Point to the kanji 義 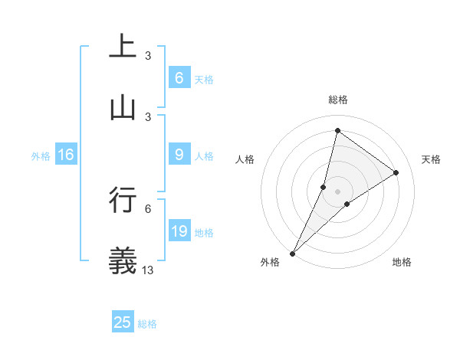(x=123, y=260)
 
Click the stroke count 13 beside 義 (x=149, y=270)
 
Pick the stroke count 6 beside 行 (x=149, y=208)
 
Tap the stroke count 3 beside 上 (x=148, y=55)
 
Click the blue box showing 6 (x=179, y=78)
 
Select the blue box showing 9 (x=179, y=155)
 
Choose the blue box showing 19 (x=179, y=231)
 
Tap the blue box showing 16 (x=66, y=155)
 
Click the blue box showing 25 (x=123, y=322)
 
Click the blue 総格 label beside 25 (x=147, y=324)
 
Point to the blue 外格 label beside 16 (x=41, y=156)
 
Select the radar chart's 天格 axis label (x=431, y=159)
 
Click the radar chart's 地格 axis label (x=402, y=262)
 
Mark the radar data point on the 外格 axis (x=292, y=253)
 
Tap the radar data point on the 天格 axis (x=396, y=173)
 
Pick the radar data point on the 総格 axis (x=337, y=131)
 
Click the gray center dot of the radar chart (x=337, y=191)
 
